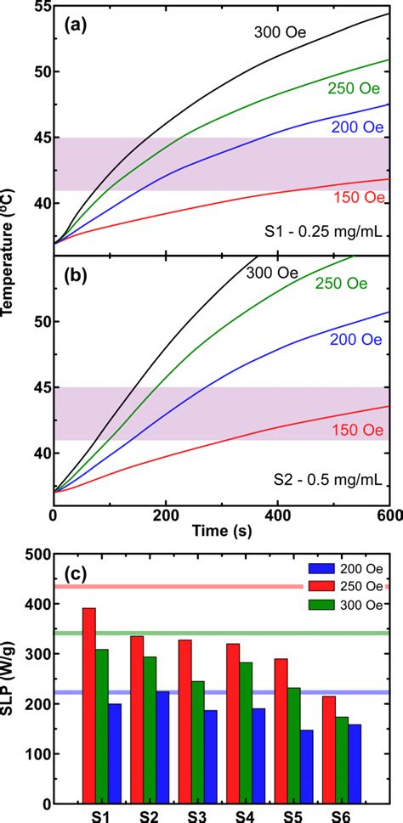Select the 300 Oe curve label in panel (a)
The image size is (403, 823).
[x=280, y=33]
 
